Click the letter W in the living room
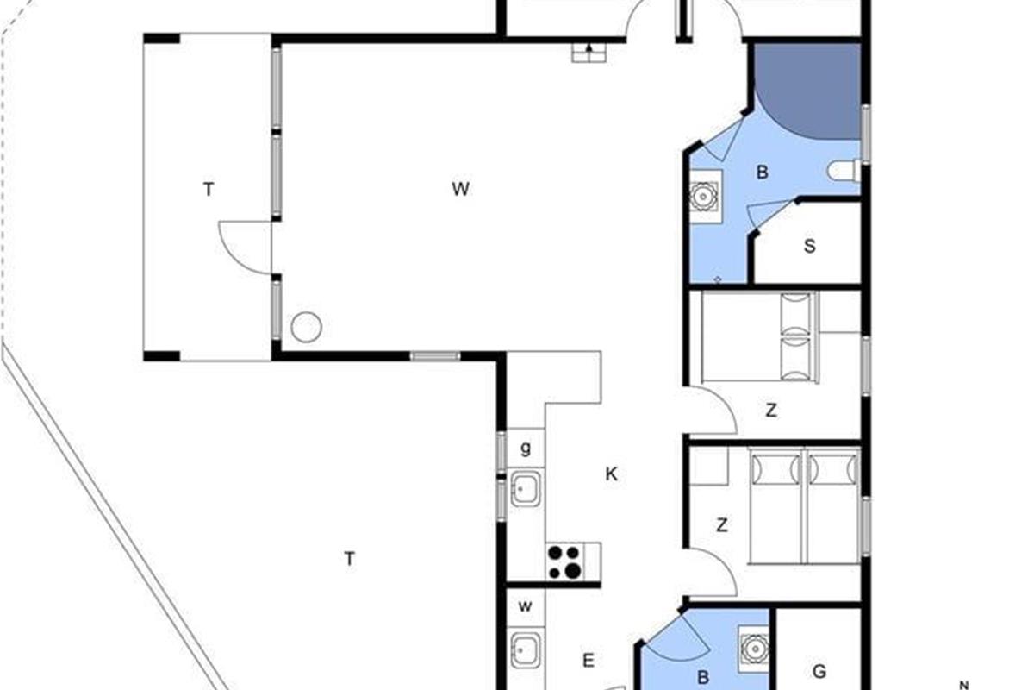point(461,189)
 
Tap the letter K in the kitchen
point(611,474)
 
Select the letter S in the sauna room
point(810,246)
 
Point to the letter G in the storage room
point(819,671)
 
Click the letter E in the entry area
point(588,661)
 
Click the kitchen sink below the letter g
point(526,488)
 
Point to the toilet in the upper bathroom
point(844,171)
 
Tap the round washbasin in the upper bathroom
point(703,197)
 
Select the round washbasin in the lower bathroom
point(754,649)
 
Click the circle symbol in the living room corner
point(306,327)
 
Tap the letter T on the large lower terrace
point(350,559)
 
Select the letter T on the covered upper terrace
point(209,189)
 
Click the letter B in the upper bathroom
point(762,172)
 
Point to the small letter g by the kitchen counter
point(526,448)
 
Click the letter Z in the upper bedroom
point(771,410)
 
